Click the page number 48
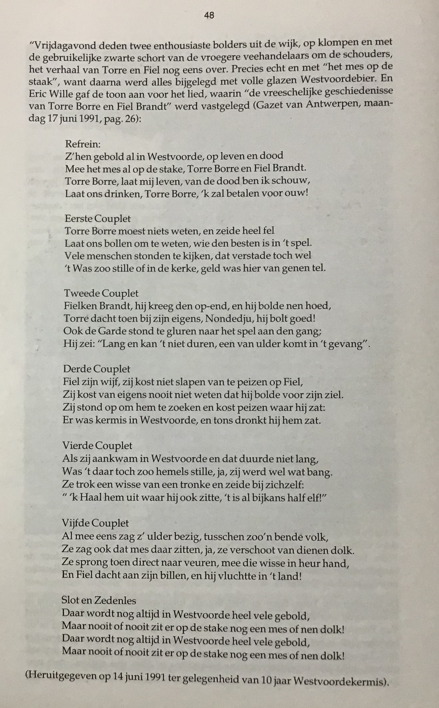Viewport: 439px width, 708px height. click(x=209, y=15)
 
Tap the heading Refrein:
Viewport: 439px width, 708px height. click(x=83, y=144)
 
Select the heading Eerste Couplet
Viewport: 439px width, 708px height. click(x=98, y=219)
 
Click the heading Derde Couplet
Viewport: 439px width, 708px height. click(x=97, y=369)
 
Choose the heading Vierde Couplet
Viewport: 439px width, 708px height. click(x=97, y=446)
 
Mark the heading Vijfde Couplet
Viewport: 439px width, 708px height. click(x=95, y=523)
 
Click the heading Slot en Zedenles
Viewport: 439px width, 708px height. click(x=98, y=600)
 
